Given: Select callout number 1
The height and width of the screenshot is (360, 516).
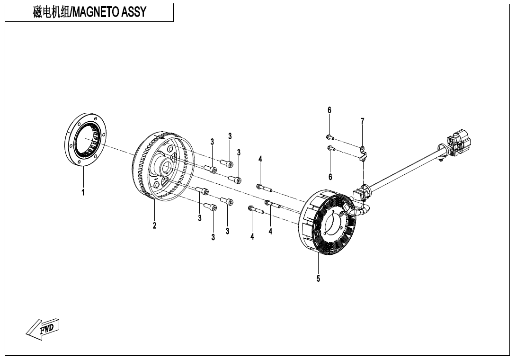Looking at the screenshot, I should click(83, 193).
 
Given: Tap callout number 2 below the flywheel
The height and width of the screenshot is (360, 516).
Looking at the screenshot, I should click(154, 225).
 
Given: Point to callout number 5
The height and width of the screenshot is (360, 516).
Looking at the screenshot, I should click(318, 279).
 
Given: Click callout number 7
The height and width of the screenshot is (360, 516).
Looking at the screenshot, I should click(362, 121).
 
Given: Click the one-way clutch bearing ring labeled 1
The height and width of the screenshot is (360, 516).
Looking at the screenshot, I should click(85, 140).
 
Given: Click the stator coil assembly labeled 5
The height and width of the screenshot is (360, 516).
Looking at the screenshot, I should click(327, 223).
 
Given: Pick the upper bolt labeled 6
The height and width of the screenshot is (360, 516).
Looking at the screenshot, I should click(329, 137).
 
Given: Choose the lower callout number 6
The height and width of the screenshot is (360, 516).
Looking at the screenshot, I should click(330, 177).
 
